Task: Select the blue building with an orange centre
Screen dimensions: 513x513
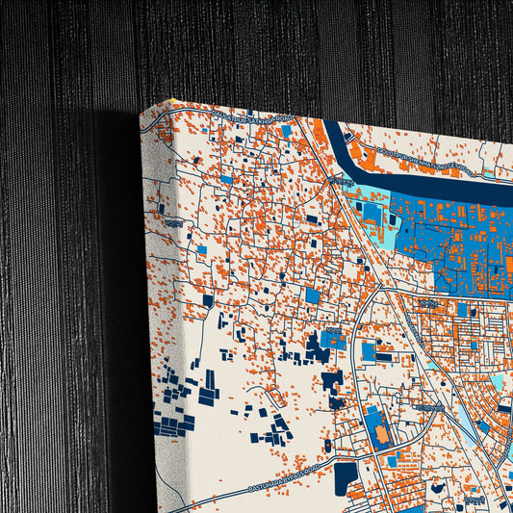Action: pyautogui.click(x=380, y=432)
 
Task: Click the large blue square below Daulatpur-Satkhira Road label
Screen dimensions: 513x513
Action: pyautogui.click(x=313, y=296)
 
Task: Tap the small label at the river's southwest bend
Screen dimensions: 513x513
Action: pyautogui.click(x=338, y=180)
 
